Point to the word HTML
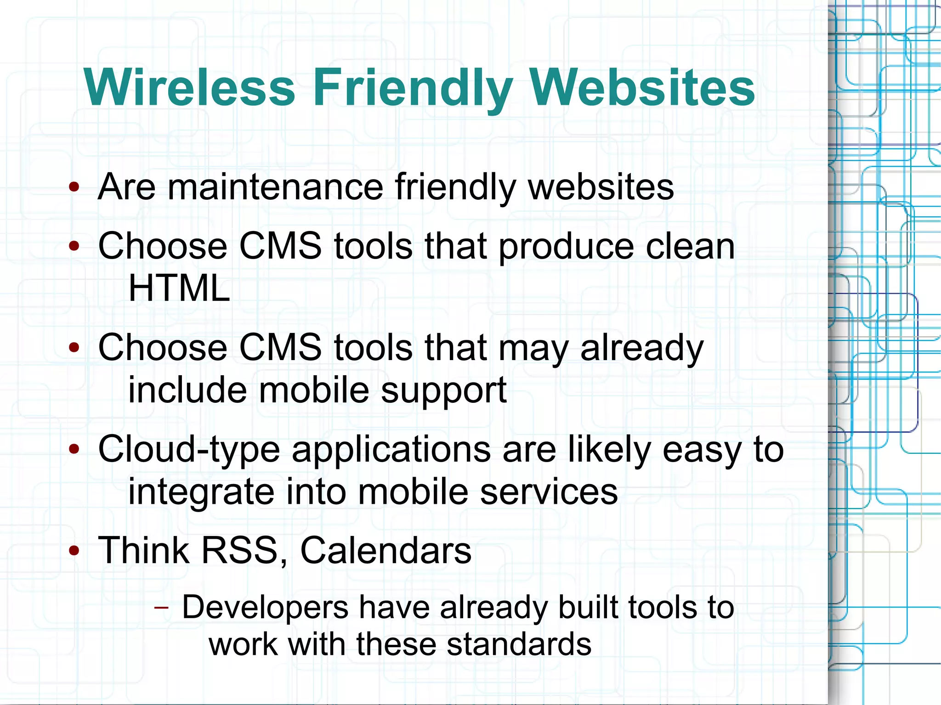pos(179,288)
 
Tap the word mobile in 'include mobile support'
pos(314,390)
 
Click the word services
pos(549,491)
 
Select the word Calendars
pos(385,550)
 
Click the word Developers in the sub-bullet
pos(265,607)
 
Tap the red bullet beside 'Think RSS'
pos(74,550)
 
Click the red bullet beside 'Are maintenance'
pos(74,187)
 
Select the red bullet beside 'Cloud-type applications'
pos(74,449)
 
